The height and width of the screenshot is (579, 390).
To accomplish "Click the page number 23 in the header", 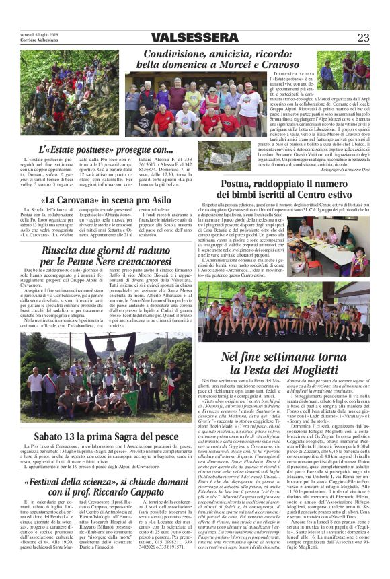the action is click(x=364, y=38).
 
